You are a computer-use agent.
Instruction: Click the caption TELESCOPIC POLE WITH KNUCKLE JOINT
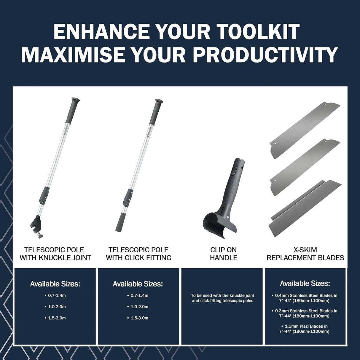[x=55, y=254]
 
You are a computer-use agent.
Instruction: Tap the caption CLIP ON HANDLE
[x=224, y=254]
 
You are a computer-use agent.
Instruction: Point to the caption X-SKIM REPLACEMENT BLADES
[x=305, y=254]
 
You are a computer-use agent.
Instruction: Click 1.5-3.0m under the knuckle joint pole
[x=57, y=318]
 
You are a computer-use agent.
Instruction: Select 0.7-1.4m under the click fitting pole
[x=139, y=295]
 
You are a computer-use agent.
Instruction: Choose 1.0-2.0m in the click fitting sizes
[x=139, y=307]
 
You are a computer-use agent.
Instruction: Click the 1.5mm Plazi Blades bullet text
[x=305, y=329]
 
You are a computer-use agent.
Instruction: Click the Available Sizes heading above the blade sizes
[x=305, y=283]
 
